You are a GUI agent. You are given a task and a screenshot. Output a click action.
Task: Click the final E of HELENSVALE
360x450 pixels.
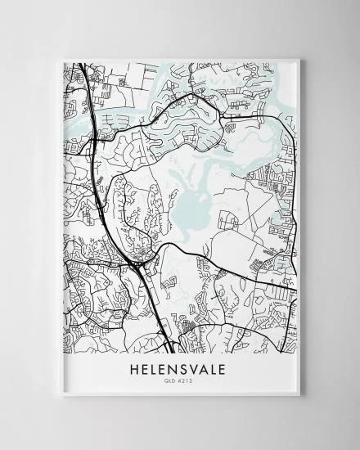pos(229,369)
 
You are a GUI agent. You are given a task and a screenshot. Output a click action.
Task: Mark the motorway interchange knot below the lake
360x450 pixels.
pos(140,264)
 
